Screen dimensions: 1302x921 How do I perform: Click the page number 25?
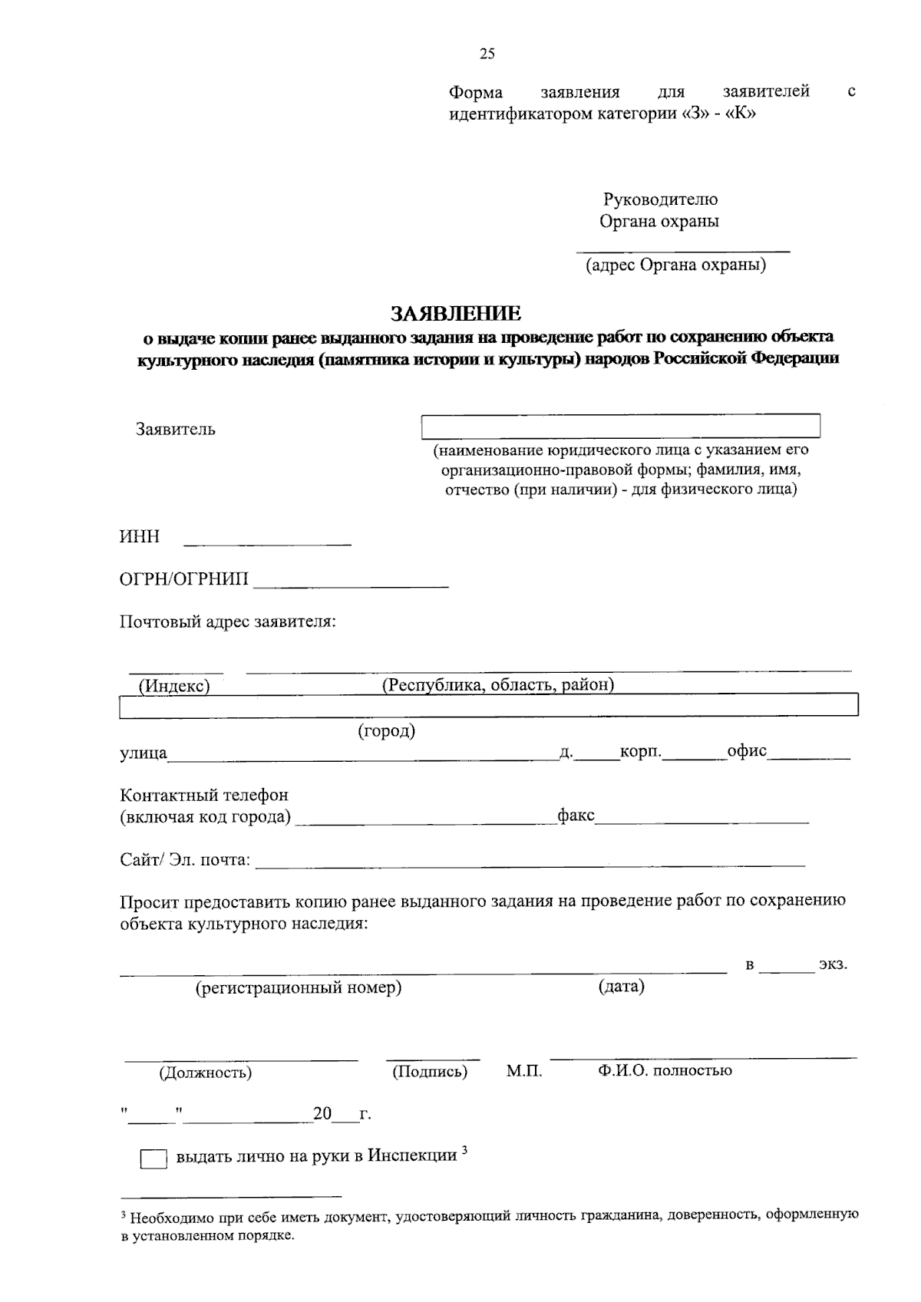click(x=487, y=54)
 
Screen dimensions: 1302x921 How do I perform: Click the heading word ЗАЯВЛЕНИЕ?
click(x=456, y=313)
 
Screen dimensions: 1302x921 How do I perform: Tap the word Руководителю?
click(x=660, y=199)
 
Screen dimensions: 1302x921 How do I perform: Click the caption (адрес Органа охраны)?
click(x=675, y=265)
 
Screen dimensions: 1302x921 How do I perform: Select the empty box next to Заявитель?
click(x=620, y=426)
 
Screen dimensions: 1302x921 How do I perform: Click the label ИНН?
click(x=140, y=536)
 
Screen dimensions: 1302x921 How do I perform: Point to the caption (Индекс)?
click(x=174, y=686)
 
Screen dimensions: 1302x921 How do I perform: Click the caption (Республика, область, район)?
click(x=498, y=684)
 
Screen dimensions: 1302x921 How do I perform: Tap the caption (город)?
click(x=387, y=730)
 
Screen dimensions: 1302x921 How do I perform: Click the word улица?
click(x=144, y=754)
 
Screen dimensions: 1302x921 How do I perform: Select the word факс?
click(x=576, y=816)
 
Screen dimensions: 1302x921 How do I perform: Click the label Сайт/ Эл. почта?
click(x=185, y=860)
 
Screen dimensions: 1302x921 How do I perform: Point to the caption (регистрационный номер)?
click(x=299, y=987)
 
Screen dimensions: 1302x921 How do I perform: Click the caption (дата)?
click(x=621, y=986)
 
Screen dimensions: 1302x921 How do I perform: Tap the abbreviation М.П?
click(x=524, y=1071)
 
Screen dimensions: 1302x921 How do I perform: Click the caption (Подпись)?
click(x=430, y=1072)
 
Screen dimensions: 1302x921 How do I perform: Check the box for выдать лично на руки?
click(x=153, y=1159)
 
